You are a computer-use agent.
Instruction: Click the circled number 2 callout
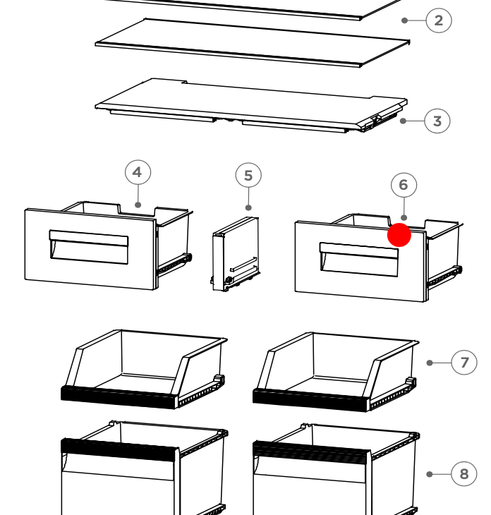tap(439, 20)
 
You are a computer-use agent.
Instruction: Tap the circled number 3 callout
tap(437, 121)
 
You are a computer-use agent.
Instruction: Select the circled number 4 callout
tap(138, 172)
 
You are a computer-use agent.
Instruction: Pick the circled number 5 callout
tap(248, 176)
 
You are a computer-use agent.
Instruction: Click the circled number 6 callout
tap(404, 186)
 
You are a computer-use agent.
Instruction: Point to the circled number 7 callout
tap(464, 363)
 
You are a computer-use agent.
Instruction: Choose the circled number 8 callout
tap(464, 474)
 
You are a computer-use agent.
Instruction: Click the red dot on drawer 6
tap(399, 235)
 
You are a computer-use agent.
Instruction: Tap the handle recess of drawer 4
tap(89, 247)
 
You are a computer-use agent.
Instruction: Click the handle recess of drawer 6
tap(359, 260)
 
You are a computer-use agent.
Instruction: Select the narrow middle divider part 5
tap(235, 254)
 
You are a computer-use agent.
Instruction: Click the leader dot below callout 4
tap(138, 205)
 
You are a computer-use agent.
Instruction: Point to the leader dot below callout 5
tap(248, 207)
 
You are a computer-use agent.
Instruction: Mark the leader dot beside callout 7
tap(430, 363)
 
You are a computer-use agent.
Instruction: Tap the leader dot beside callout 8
tap(430, 474)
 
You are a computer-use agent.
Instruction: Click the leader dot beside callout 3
tap(404, 121)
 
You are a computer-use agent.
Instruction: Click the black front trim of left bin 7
tap(119, 398)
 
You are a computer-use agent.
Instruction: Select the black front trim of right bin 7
tap(310, 401)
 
